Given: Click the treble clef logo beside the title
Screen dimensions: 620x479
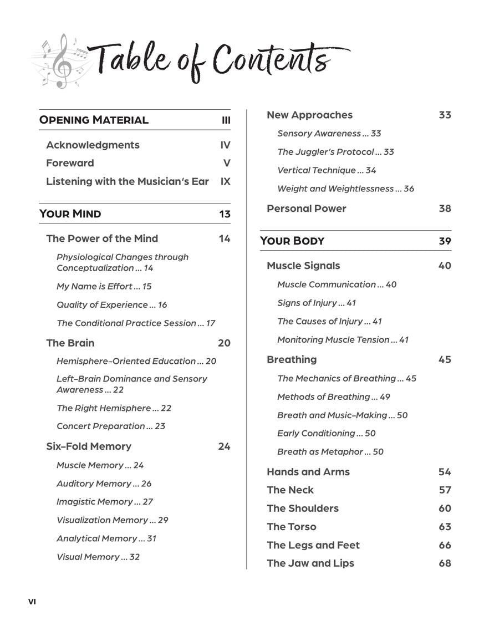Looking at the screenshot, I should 61,61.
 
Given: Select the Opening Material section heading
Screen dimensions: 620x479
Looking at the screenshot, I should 94,120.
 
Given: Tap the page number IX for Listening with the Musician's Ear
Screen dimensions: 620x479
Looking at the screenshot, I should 225,181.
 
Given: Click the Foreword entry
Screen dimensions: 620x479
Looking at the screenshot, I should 70,163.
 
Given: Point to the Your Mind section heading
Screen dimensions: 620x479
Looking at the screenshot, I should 70,214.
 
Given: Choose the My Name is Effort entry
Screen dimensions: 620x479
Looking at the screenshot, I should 104,287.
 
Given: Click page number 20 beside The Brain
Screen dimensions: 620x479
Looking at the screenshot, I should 224,343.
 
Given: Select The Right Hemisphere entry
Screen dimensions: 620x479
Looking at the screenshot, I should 114,408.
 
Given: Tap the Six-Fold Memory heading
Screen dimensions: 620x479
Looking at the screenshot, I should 89,446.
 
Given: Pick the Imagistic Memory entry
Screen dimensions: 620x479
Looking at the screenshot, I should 105,502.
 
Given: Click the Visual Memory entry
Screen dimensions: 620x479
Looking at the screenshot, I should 98,557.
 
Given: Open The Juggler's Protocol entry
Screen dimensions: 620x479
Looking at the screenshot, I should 335,152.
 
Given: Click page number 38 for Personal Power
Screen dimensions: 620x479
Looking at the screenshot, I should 445,209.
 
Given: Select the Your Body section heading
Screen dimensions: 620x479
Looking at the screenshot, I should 292,241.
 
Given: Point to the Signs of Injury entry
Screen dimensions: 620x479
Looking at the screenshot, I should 317,303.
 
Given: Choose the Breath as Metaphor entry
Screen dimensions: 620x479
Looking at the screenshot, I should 330,452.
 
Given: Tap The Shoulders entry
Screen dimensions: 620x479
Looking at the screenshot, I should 302,509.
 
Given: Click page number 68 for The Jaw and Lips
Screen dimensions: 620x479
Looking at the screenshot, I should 445,563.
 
